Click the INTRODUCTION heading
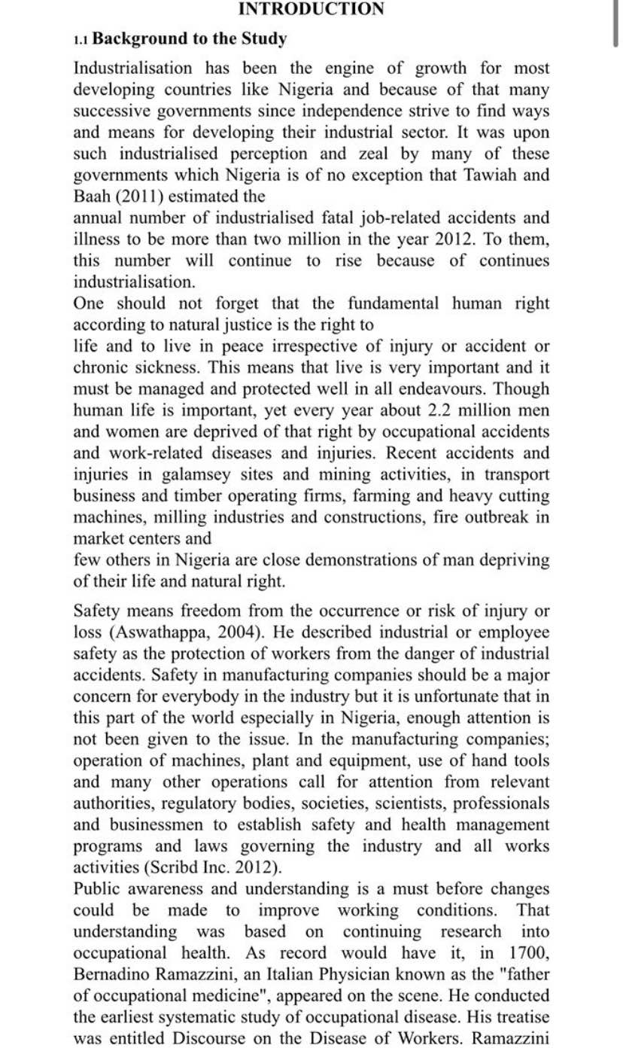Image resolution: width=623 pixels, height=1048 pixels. [x=311, y=9]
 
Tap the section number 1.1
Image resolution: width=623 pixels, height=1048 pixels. [x=81, y=38]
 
